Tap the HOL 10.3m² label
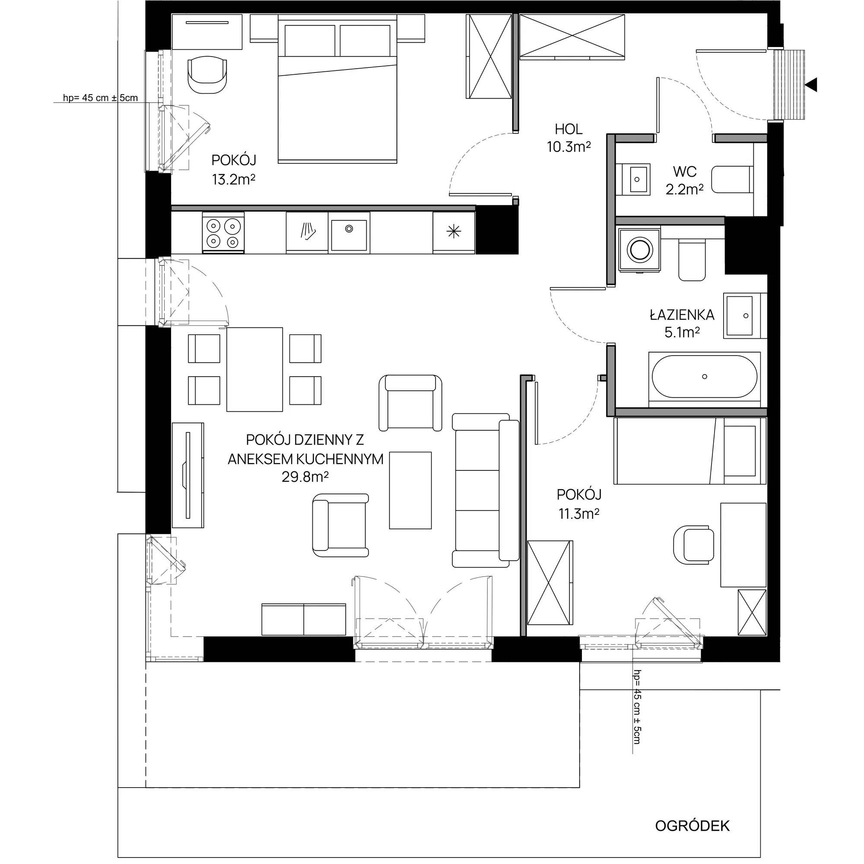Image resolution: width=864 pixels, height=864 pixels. click(x=569, y=137)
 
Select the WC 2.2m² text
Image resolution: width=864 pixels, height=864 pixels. click(x=684, y=180)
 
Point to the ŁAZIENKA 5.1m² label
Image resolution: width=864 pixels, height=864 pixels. click(x=682, y=324)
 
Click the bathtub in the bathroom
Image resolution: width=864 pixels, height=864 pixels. click(x=704, y=376)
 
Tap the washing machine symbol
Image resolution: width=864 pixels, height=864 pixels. click(x=639, y=249)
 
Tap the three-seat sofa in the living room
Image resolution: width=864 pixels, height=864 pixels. click(x=484, y=490)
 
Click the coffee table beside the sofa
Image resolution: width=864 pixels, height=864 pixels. click(x=410, y=490)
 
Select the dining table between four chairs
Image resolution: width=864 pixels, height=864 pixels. click(x=254, y=369)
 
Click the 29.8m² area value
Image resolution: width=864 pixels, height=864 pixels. click(x=305, y=477)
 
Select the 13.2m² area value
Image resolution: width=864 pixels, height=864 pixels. click(x=233, y=180)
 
